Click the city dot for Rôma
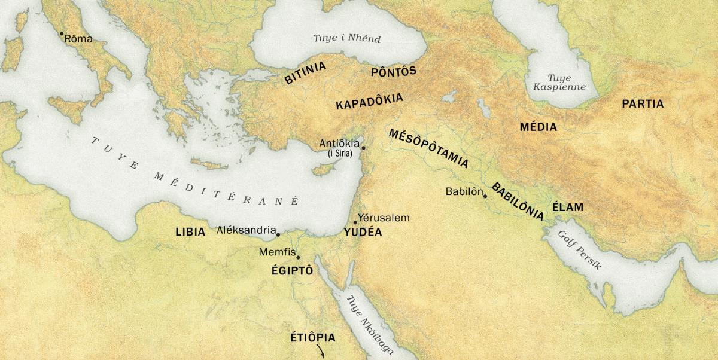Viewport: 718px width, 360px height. pos(61,33)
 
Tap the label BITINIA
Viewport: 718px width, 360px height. pos(305,73)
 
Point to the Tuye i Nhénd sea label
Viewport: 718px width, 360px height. pos(347,39)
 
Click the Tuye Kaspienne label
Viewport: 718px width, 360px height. pos(559,83)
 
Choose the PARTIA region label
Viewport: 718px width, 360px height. pos(643,104)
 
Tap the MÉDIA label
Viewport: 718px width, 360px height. pos(538,127)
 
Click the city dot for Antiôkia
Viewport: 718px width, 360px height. pos(363,147)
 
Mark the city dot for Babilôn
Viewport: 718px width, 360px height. pos(485,196)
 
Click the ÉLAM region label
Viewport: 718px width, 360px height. pos(567,208)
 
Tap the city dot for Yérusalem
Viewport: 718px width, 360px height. pos(355,223)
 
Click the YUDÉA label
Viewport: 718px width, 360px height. pos(363,233)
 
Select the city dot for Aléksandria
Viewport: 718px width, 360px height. pos(278,234)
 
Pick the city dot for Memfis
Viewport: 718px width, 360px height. pos(298,257)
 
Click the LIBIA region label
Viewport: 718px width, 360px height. pos(190,232)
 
